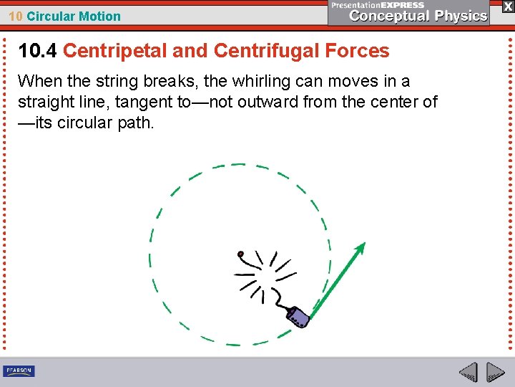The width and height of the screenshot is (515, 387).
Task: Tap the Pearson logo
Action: pos(19,371)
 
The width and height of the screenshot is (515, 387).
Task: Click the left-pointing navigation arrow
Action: pos(468,373)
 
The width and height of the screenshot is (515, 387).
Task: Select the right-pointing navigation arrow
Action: pos(496,373)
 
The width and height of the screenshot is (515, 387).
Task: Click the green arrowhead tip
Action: pos(363,245)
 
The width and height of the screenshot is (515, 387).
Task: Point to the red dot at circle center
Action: pos(241,254)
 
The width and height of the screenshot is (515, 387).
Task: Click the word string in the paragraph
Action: pos(118,82)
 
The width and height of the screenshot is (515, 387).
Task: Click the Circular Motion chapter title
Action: pos(74,16)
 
